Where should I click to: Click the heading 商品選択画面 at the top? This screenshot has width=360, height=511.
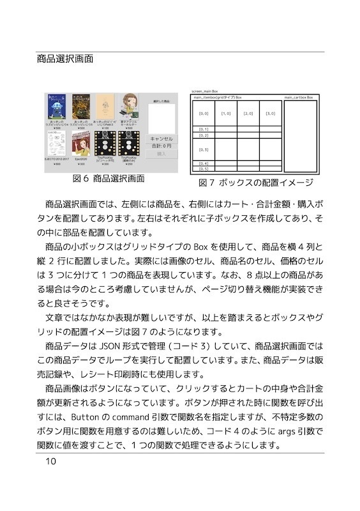[66, 59]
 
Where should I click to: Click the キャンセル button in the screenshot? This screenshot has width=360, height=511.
[160, 138]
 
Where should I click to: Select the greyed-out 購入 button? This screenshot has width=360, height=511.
[160, 153]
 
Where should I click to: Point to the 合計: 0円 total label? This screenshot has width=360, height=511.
[160, 146]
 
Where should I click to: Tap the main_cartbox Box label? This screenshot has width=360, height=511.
[299, 97]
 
